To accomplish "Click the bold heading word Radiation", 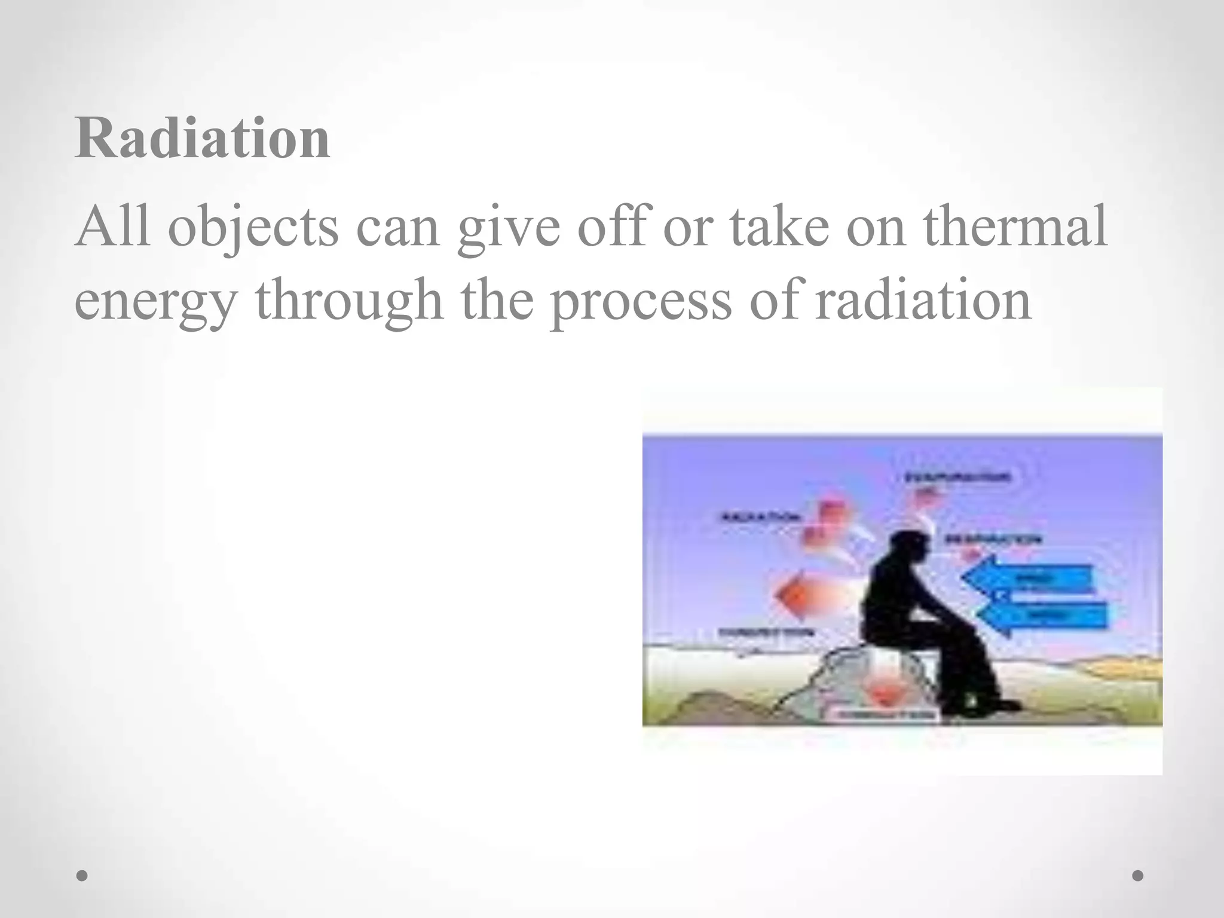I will pos(202,139).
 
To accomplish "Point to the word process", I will pos(639,301).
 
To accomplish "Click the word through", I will pos(349,301).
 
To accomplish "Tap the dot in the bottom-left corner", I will pos(82,876).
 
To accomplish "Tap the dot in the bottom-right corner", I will pos(1138,876).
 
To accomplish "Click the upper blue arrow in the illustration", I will pos(1028,578).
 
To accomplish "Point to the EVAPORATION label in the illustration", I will pos(957,477).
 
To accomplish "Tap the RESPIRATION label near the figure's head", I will pos(993,539).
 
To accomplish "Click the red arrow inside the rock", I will pos(882,694).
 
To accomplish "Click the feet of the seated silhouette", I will pos(980,707).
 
